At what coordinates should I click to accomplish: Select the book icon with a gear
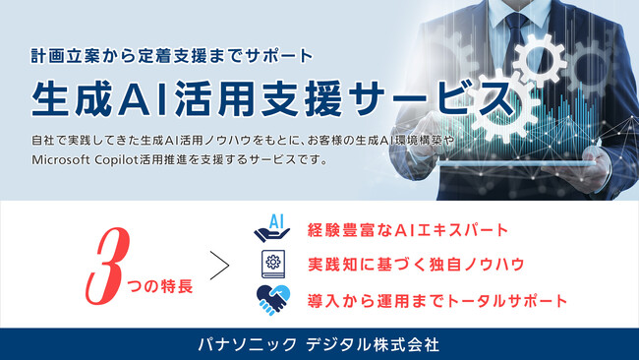[x=272, y=265]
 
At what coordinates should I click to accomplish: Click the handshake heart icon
[x=272, y=298]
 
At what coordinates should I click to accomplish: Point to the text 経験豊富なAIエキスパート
[x=408, y=230]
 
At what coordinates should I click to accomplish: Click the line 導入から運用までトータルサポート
[x=438, y=299]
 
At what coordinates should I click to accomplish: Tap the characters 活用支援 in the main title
[x=265, y=98]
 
